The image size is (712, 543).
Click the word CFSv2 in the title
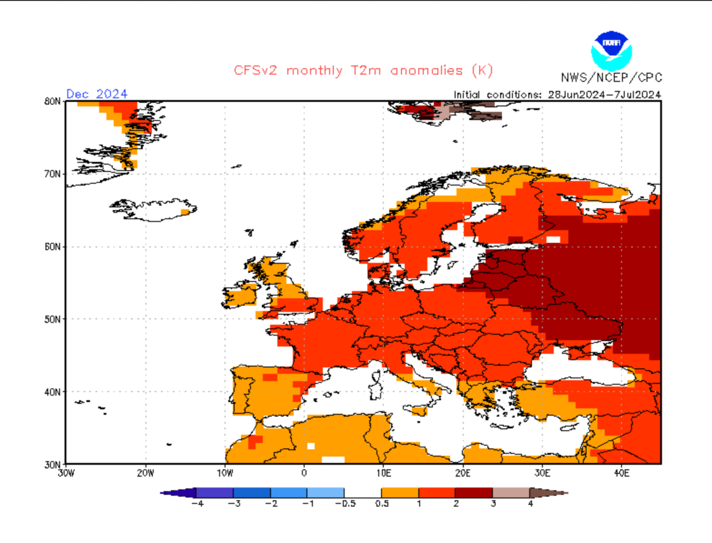pos(255,71)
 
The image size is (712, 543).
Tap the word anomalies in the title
pos(426,71)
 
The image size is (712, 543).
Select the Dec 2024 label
pos(96,94)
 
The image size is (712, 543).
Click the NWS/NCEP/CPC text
pos(611,78)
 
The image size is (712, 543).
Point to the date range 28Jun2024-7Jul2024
pos(604,95)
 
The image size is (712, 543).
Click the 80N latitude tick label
pos(52,101)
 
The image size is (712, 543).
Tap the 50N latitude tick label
pos(52,319)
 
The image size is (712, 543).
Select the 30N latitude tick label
pos(52,465)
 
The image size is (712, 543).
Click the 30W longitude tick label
pos(66,473)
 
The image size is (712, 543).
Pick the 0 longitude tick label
pos(304,473)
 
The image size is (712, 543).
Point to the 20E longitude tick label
pos(463,473)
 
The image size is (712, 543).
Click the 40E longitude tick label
pos(622,473)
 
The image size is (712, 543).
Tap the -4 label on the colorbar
pos(197,504)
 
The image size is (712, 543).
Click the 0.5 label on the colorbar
pos(382,504)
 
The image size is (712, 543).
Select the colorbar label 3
pos(493,504)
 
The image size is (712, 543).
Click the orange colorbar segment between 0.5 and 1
pos(400,493)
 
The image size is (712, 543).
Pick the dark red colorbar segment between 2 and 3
pos(474,493)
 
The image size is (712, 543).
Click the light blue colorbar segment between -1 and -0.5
pos(325,493)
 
